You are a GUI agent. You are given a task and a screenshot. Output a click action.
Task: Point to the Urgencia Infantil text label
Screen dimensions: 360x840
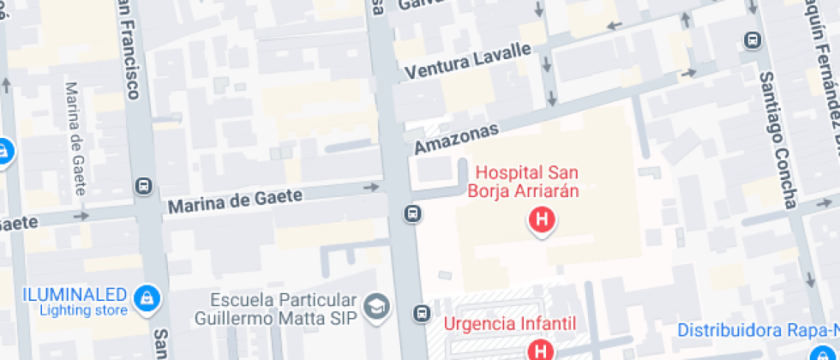tap(510, 324)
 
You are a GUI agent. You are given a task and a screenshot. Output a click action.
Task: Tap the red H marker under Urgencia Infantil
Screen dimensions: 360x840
tap(541, 350)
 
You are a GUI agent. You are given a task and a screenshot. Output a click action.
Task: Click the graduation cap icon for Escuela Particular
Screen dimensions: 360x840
tap(376, 305)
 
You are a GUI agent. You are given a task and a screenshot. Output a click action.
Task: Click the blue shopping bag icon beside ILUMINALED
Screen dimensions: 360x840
tap(148, 299)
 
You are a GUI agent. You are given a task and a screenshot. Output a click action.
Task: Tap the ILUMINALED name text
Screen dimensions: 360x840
tap(76, 293)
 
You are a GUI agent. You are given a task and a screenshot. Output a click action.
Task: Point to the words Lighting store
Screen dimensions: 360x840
tap(82, 309)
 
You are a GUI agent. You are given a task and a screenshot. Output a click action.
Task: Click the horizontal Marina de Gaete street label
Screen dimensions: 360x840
tap(235, 201)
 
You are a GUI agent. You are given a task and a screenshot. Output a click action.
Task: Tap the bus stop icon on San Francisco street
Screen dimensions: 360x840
tap(143, 185)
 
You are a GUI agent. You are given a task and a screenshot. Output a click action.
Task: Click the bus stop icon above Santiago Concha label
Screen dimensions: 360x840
tap(753, 39)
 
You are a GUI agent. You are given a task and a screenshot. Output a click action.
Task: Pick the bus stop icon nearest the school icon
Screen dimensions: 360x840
tap(421, 314)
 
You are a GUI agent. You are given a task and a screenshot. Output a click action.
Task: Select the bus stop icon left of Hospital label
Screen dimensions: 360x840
tap(413, 213)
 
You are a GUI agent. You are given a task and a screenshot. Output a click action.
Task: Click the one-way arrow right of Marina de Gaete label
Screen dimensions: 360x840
tap(370, 187)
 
